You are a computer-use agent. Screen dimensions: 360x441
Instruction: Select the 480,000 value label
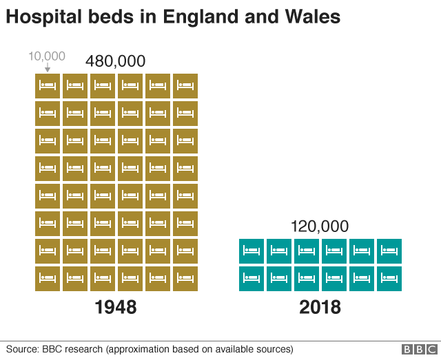115,61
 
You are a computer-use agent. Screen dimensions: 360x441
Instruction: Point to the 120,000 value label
319,226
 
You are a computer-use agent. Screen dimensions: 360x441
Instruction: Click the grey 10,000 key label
47,56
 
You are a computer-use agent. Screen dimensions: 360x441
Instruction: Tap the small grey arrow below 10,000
47,67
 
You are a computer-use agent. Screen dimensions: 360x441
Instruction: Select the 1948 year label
115,307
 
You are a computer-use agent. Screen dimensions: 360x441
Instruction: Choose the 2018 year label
320,307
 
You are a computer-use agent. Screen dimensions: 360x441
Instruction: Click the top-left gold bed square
48,86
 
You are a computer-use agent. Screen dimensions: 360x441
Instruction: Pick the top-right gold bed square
185,86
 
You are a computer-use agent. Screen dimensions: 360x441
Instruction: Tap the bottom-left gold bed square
48,279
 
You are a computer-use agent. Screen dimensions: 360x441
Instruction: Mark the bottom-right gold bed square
185,279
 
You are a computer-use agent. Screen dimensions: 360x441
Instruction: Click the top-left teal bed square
252,251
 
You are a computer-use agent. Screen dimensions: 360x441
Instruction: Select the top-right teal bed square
389,251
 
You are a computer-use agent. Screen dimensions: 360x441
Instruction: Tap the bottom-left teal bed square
252,279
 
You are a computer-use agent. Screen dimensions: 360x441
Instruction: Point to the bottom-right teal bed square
389,279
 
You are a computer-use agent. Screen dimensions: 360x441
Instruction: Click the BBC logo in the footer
418,350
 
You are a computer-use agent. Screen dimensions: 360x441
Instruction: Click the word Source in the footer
22,349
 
